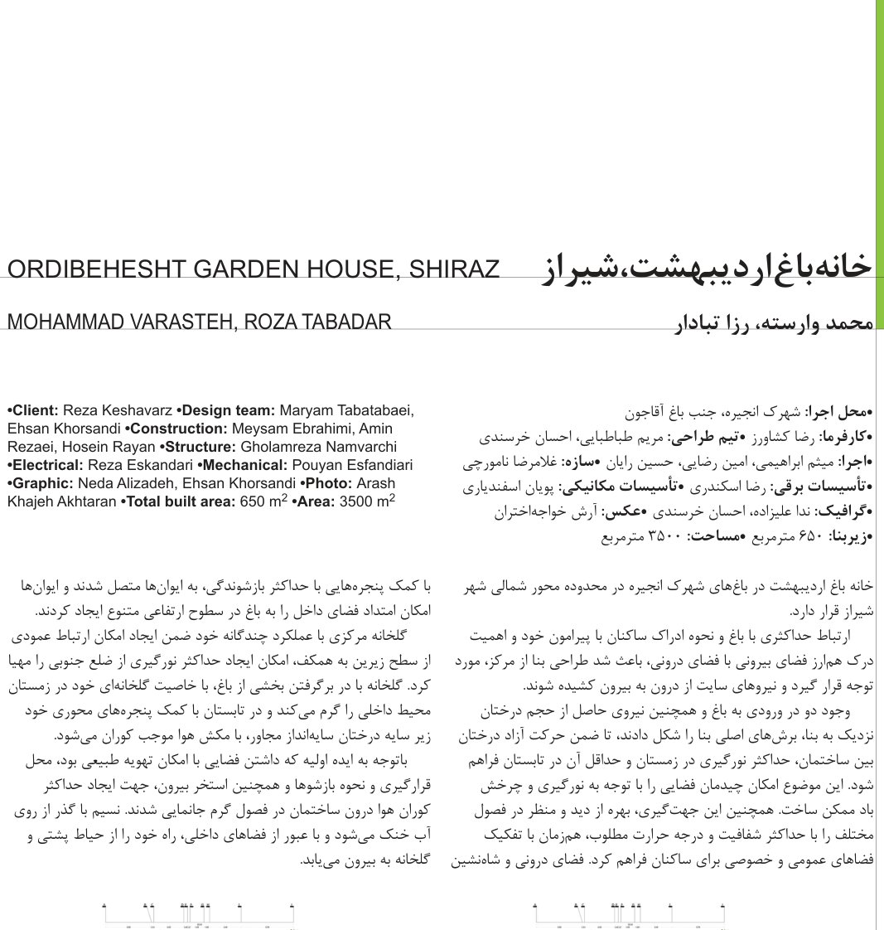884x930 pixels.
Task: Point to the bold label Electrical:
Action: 45,465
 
